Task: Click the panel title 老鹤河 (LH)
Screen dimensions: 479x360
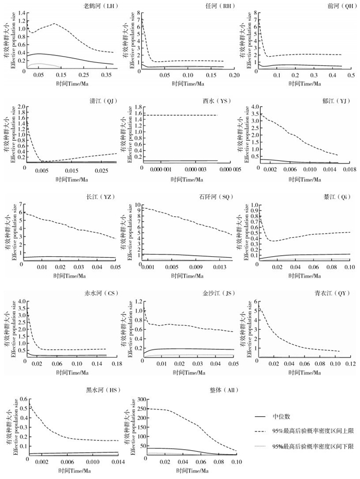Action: point(101,5)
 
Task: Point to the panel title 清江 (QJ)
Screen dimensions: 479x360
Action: point(101,102)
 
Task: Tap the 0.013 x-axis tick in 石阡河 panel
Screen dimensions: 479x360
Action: point(219,268)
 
